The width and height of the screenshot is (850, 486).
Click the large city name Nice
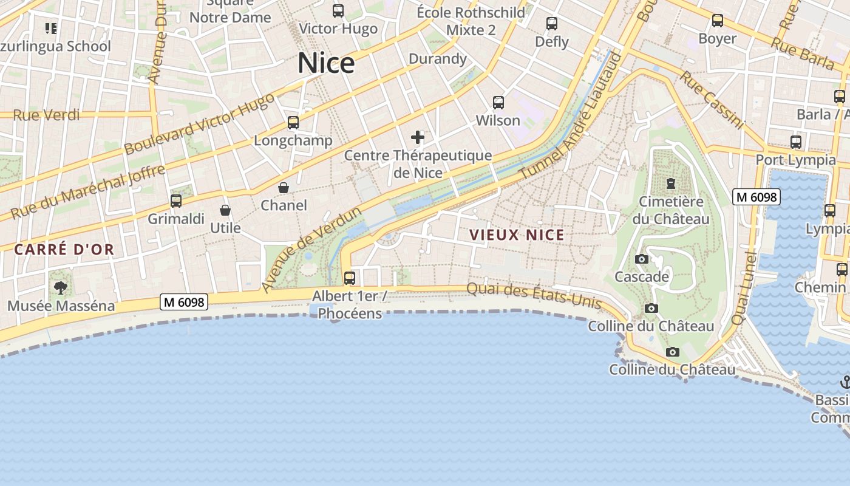coord(326,63)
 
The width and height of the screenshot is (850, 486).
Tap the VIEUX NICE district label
coord(517,235)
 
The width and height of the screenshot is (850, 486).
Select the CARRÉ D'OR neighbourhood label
coord(64,249)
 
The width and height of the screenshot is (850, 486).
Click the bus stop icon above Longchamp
coord(293,123)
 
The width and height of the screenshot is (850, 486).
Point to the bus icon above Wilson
coord(498,103)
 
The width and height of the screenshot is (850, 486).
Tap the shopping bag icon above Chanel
coord(284,188)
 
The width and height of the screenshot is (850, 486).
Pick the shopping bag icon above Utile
coord(225,210)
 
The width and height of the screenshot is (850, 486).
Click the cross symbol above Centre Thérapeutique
coord(418,137)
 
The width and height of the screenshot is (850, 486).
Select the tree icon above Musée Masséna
coord(60,288)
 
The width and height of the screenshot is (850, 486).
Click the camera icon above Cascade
coord(641,259)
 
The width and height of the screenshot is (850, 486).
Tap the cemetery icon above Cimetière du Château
coord(671,183)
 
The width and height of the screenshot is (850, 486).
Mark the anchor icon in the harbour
coord(845,382)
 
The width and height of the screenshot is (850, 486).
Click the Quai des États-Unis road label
coord(534,296)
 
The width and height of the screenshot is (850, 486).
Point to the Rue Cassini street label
coord(711,100)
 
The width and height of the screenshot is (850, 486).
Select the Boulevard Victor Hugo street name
coord(199,125)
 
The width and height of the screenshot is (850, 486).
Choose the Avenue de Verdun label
coord(311,249)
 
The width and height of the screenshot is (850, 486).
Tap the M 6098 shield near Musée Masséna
coord(184,301)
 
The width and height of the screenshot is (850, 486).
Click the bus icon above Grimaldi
coord(176,200)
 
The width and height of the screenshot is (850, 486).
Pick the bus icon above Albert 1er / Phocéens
coord(350,278)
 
